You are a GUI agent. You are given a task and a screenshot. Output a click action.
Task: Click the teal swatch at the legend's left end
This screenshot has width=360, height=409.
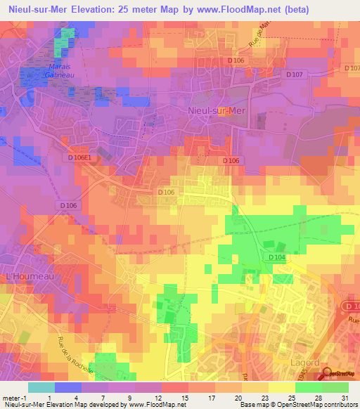(41, 387)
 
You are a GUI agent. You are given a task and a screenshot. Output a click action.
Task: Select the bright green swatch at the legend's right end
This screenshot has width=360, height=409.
(335, 387)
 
